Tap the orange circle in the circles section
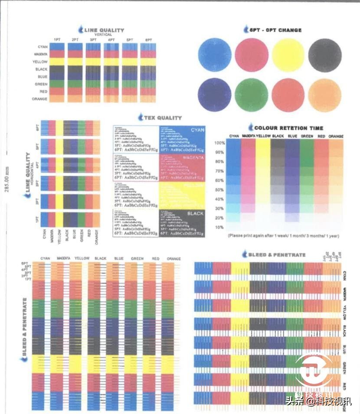(325, 95)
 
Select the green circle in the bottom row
(252, 95)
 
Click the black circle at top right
(325, 55)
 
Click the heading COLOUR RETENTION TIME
(288, 128)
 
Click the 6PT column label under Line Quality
(148, 40)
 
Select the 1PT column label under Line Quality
(57, 40)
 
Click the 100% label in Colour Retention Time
(219, 143)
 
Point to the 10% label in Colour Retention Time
(219, 227)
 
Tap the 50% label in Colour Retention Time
(219, 190)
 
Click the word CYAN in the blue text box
(196, 130)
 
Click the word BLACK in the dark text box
(195, 214)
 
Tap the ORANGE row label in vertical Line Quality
(40, 99)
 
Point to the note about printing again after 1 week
(283, 236)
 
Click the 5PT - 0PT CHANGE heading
(275, 30)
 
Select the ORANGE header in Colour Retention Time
(336, 136)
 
